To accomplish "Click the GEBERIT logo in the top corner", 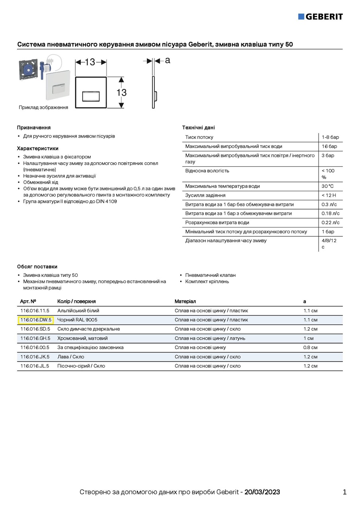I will coord(320,16).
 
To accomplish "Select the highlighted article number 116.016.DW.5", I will coord(36,320).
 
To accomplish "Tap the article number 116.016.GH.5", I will coord(35,338).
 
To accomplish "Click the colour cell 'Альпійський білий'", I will coord(78,311).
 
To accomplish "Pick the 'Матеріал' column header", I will coord(185,301).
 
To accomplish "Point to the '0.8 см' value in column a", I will coord(310,348).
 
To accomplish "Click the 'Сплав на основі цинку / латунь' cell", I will coord(210,338).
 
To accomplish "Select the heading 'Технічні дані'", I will coord(198,128).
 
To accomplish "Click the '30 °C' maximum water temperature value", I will coord(328,186).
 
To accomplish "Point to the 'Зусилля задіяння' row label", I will coord(205,195).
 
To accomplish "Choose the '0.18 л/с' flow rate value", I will coord(331,214).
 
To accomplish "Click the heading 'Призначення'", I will coord(34,128).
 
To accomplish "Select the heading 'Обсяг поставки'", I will coord(37,266).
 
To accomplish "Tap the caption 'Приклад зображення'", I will coord(43,107).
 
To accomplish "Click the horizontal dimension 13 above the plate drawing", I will coord(90,62).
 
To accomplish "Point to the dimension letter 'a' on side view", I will coord(167,60).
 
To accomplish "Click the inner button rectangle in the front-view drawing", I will coord(91,97).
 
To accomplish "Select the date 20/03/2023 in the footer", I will coord(262,492).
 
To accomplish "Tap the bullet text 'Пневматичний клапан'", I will coord(210,275).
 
